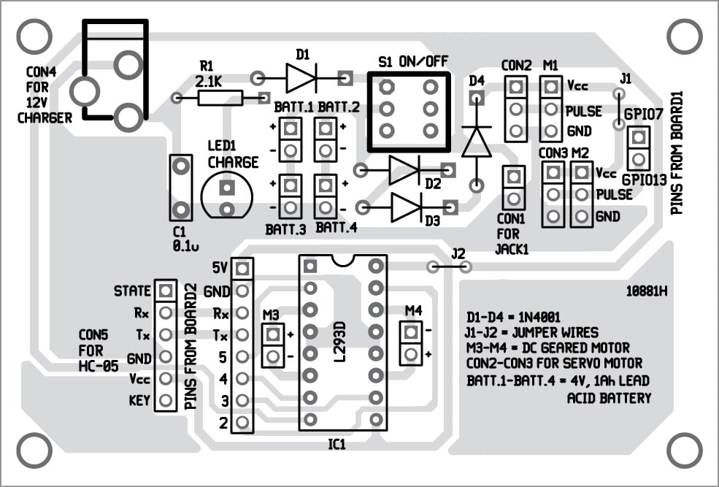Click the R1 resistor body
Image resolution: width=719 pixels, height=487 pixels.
(x=220, y=98)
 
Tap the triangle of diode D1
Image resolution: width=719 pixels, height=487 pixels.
(x=300, y=78)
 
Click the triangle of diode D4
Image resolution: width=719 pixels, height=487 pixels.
(x=477, y=142)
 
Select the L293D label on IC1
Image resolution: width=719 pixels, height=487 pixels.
(x=339, y=342)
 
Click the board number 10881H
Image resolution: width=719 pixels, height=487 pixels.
(x=647, y=291)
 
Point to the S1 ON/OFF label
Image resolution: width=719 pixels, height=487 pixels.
(x=413, y=61)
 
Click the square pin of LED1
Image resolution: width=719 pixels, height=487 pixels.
(x=226, y=187)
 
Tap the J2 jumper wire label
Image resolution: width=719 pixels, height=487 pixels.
(x=458, y=253)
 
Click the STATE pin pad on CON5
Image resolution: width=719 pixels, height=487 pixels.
(x=166, y=291)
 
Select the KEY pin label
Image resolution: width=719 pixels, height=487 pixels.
(x=139, y=400)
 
